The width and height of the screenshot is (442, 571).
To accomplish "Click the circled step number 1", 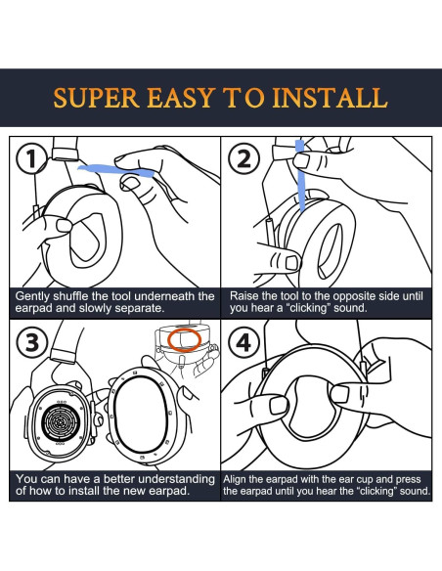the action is coord(31,159).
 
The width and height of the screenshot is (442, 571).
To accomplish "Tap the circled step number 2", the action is coord(243,159).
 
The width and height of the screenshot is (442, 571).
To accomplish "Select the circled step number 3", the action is coord(31,342).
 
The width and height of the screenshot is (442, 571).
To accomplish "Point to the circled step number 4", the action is coord(243,342).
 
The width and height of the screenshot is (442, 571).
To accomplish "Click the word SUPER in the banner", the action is coord(96,98).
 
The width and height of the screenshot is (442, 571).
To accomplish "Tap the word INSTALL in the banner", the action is coord(330,98).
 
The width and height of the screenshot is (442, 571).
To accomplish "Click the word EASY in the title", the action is coord(180,98).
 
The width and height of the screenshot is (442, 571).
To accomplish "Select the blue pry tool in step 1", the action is coord(115,170).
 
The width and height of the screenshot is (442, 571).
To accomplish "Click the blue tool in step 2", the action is coord(301,176).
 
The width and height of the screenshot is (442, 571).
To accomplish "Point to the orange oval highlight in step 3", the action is coord(184,340).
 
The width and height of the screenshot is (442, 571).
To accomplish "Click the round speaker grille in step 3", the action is coord(61,422).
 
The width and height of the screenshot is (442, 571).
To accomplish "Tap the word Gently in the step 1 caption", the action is coord(31,297).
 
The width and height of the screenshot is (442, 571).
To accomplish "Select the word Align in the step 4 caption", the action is coord(235,479).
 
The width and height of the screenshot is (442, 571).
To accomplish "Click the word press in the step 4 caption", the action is coord(408,480).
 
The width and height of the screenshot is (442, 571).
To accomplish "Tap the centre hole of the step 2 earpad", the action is coord(330,250).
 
